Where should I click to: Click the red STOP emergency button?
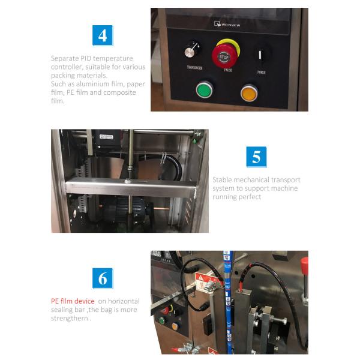224,56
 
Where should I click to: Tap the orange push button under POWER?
248,92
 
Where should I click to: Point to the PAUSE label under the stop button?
224,70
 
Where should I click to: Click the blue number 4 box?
103,35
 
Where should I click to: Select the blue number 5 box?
256,157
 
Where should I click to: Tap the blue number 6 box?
103,278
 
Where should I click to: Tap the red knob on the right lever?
304,263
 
